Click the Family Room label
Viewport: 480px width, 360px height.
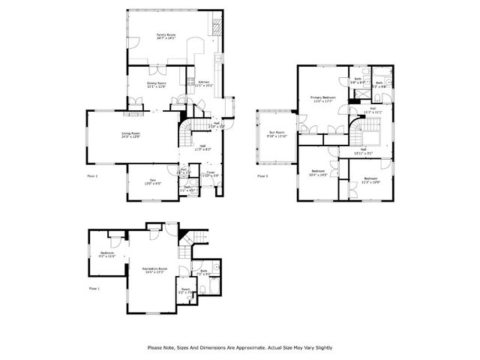click(x=165, y=35)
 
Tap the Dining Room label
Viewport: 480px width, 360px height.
click(x=155, y=84)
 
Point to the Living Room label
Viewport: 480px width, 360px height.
click(x=132, y=134)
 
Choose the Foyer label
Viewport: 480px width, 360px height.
click(x=211, y=172)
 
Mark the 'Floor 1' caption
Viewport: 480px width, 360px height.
click(x=94, y=288)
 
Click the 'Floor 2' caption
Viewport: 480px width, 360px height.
click(x=93, y=175)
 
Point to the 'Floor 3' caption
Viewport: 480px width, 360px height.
click(x=262, y=175)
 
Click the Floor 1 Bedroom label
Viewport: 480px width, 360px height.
click(x=106, y=253)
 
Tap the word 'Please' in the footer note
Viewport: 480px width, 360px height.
click(x=155, y=347)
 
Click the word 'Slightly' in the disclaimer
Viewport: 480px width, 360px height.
click(x=321, y=347)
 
